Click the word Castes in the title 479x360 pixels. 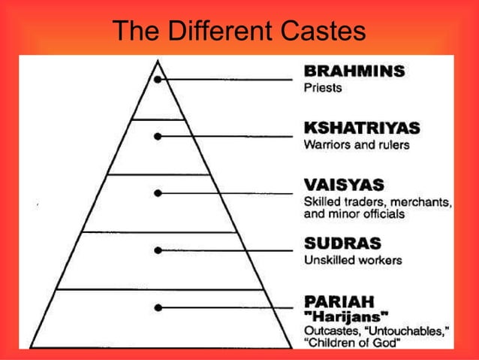click(x=322, y=31)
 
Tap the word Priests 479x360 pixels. click(x=322, y=88)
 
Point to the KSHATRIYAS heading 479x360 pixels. click(x=361, y=127)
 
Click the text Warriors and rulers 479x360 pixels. click(x=357, y=144)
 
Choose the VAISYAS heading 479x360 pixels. click(x=344, y=185)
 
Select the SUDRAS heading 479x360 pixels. click(x=342, y=244)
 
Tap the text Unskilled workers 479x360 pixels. click(x=353, y=261)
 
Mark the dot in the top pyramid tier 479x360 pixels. click(x=158, y=79)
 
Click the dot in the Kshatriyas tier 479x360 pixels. click(x=158, y=136)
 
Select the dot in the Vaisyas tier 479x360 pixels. click(x=158, y=193)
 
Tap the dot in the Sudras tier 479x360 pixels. click(x=158, y=250)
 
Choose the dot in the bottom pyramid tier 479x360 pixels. click(x=158, y=307)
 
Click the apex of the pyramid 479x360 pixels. click(x=158, y=58)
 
